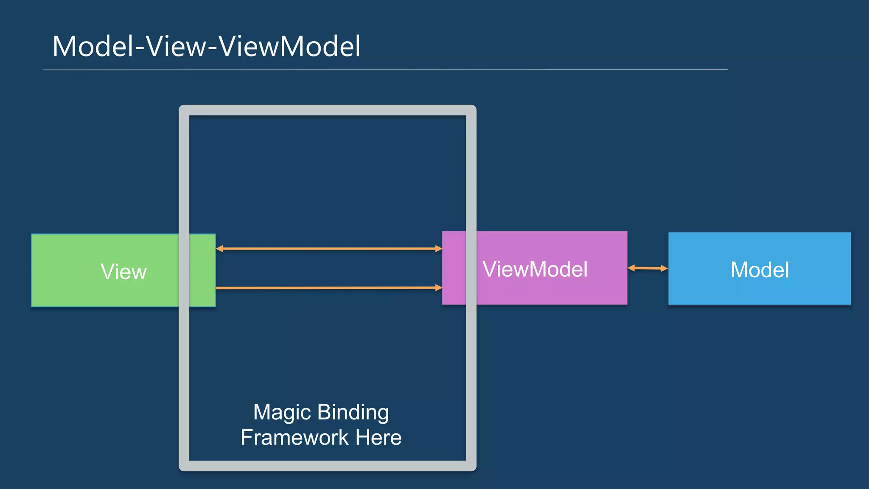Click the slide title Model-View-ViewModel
click(206, 46)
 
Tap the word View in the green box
click(123, 272)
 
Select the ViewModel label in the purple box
click(535, 269)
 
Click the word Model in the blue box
click(760, 270)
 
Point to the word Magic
click(282, 413)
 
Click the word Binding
click(353, 413)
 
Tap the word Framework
click(294, 438)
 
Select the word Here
click(378, 438)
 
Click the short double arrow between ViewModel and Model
click(648, 268)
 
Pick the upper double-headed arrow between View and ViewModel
click(329, 248)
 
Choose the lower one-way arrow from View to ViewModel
click(329, 288)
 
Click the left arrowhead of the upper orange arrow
click(219, 248)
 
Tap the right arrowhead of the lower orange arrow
click(439, 288)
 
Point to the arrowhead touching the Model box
click(664, 268)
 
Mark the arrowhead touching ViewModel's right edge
click(631, 268)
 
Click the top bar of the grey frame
click(328, 110)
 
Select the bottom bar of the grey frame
click(328, 466)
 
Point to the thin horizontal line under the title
click(385, 70)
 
